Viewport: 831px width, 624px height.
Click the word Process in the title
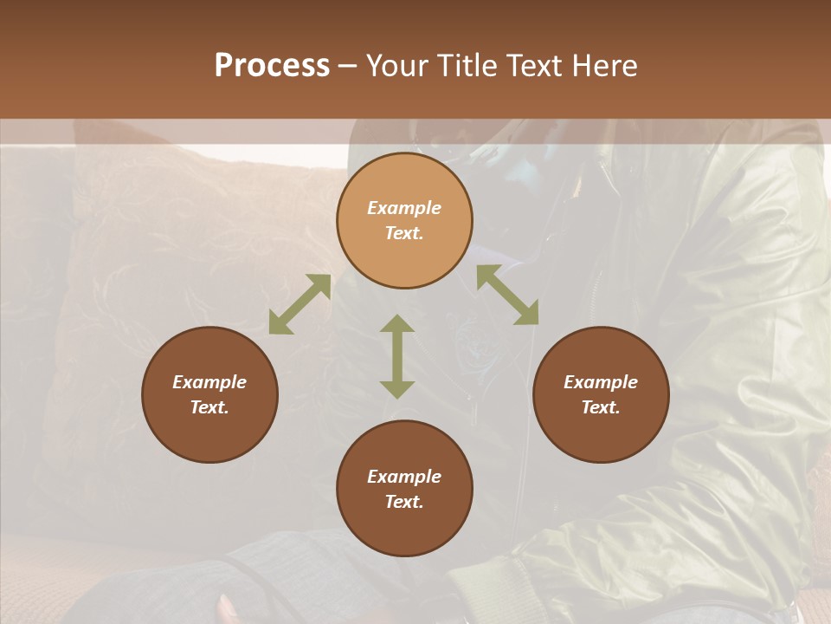272,66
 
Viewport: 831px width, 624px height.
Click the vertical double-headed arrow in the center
397,356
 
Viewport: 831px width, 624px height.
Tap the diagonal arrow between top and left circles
300,304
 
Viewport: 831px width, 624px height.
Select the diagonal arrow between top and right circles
507,295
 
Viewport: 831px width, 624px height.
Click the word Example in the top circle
404,208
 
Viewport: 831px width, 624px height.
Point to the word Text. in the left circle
209,407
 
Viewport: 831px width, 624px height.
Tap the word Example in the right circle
601,382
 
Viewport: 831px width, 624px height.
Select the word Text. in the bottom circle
404,502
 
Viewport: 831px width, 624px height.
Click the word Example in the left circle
209,382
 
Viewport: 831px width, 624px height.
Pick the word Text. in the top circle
404,233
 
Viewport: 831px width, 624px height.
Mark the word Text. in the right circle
601,407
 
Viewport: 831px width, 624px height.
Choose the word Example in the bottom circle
404,477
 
